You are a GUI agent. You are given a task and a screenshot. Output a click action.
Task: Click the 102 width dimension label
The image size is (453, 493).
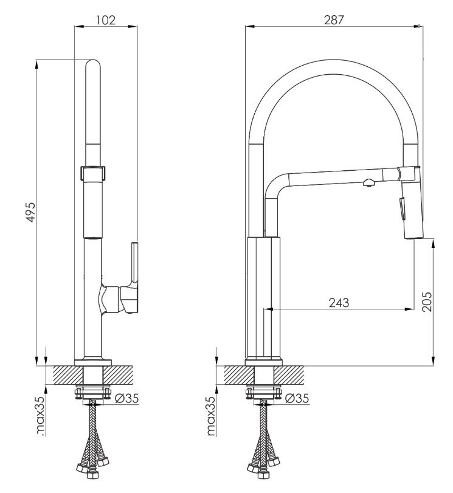pyautogui.click(x=106, y=20)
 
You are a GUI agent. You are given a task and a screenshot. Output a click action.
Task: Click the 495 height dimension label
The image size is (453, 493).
pyautogui.click(x=32, y=212)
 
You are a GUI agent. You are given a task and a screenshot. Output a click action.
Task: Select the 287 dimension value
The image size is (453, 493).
pyautogui.click(x=334, y=20)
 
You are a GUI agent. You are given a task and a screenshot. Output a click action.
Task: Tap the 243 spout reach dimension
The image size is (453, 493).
pyautogui.click(x=339, y=303)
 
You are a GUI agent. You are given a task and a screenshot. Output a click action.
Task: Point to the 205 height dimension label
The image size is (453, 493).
pyautogui.click(x=427, y=302)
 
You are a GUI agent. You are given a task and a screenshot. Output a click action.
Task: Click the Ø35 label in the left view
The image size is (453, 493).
pyautogui.click(x=126, y=398)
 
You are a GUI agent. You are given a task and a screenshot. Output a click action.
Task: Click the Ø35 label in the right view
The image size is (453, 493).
pyautogui.click(x=297, y=398)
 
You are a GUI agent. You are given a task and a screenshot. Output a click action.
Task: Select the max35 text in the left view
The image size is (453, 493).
pyautogui.click(x=41, y=415)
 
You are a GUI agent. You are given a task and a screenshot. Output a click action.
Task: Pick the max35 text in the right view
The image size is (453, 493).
pyautogui.click(x=211, y=415)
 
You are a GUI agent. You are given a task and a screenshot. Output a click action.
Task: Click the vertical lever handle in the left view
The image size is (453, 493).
pyautogui.click(x=134, y=262)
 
